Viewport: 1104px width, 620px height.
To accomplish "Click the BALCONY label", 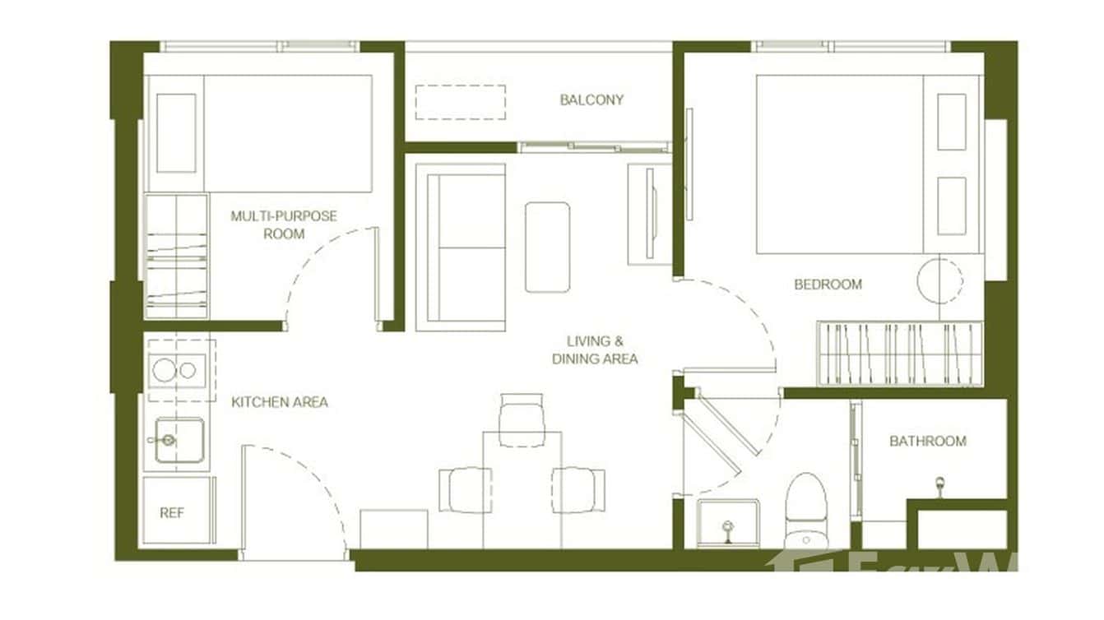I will tap(591, 100).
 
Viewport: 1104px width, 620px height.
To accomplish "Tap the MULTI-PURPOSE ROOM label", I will tap(284, 224).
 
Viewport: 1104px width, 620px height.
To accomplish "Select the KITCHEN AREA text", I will tap(280, 402).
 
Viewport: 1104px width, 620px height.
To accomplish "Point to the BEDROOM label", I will tap(828, 285).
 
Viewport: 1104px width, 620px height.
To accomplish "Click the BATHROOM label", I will tap(927, 442).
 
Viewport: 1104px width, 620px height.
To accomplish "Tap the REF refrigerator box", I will tap(172, 512).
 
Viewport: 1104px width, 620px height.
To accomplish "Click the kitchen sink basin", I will tap(179, 440).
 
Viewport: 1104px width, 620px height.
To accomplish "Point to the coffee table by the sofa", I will tap(547, 247).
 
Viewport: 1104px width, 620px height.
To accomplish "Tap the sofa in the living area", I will tap(461, 247).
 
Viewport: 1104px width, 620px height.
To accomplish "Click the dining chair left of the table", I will tap(465, 490).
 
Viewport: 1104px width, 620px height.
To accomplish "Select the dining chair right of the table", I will tap(578, 490).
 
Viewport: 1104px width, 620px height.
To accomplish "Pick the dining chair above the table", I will tap(522, 419).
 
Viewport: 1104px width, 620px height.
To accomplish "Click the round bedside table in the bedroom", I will tap(939, 280).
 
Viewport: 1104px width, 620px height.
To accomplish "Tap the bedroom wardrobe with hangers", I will tap(900, 353).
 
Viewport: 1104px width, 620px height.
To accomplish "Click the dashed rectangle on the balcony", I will tap(460, 101).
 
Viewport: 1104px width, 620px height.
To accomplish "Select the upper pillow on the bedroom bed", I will tap(952, 122).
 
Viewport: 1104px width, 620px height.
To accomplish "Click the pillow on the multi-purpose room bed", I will tap(176, 133).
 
